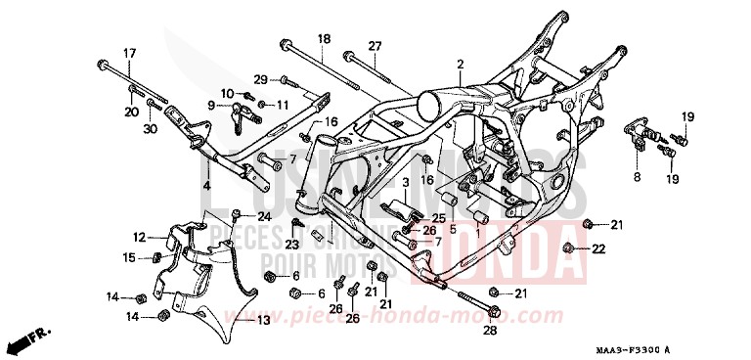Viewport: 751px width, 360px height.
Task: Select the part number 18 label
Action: coord(324,37)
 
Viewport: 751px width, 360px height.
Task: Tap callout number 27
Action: coord(375,46)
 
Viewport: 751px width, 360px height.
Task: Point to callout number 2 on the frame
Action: coord(458,64)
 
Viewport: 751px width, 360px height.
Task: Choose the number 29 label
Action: coord(260,78)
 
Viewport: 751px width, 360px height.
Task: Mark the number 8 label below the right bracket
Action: coord(637,177)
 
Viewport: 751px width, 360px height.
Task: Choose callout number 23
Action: coord(290,245)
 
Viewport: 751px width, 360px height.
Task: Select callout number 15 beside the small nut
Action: coord(128,257)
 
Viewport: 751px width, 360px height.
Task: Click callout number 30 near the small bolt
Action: coord(150,129)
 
